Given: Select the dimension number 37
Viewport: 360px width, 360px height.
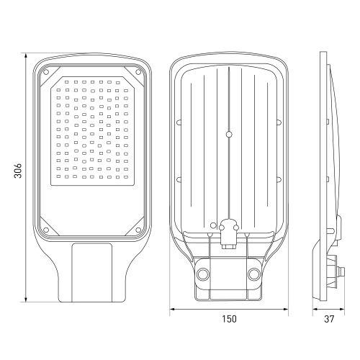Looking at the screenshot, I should click(328, 318).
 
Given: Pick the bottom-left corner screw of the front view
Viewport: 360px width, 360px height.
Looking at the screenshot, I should click(48, 230).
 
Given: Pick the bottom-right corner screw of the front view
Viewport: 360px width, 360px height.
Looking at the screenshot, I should click(137, 230).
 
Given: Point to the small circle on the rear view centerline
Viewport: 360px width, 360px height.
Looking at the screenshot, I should click(228, 133).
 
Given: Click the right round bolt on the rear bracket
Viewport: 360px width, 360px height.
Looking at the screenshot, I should click(254, 274).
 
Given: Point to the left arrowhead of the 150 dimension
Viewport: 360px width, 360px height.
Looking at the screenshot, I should click(172, 310).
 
